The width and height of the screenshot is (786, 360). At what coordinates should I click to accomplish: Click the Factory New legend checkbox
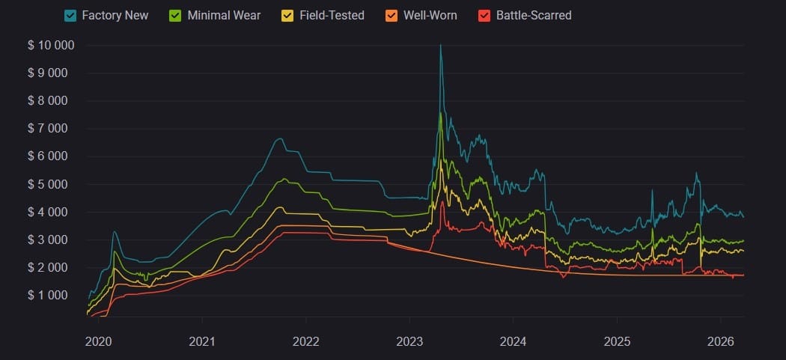(70, 15)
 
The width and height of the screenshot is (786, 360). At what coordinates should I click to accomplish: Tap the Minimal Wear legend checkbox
(175, 15)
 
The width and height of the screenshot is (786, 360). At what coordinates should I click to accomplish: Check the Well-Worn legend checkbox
(392, 15)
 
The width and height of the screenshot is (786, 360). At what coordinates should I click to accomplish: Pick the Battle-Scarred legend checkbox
(484, 15)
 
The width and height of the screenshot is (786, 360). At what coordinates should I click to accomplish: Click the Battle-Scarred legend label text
(534, 15)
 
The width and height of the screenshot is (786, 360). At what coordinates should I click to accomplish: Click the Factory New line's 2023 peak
(440, 45)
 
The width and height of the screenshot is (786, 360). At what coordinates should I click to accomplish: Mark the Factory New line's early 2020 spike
(114, 232)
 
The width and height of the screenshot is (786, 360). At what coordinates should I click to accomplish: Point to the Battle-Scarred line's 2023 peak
(442, 202)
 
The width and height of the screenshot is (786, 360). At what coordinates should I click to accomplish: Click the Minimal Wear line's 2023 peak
(440, 113)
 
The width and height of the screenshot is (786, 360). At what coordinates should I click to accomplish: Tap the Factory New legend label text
(115, 15)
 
